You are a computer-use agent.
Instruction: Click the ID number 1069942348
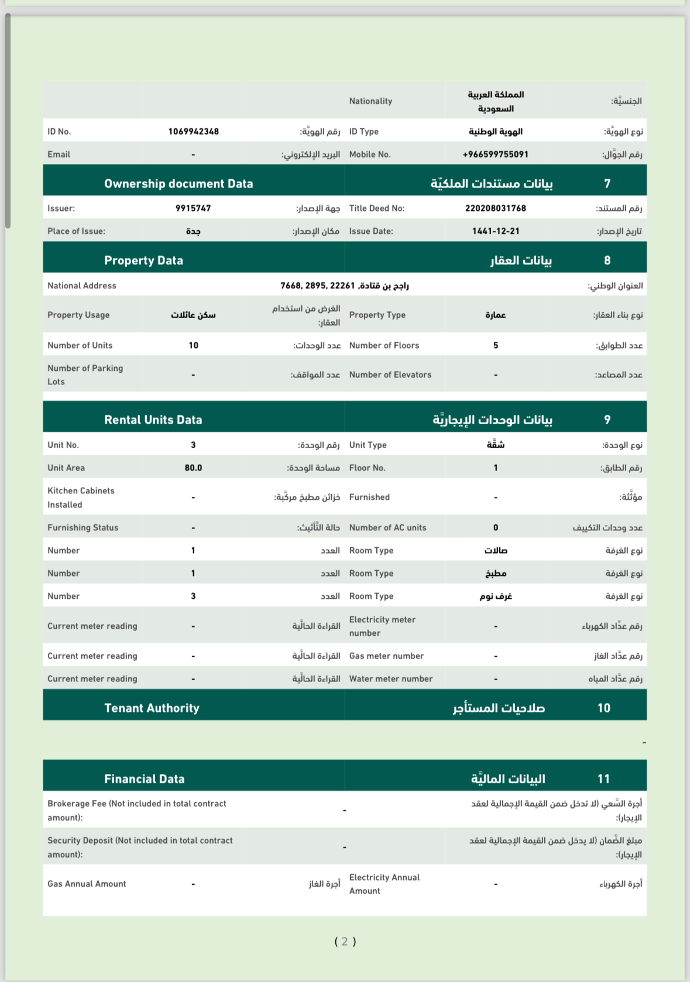coord(193,131)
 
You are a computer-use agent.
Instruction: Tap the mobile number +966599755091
coord(495,154)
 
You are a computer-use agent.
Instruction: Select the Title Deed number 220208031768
coord(495,208)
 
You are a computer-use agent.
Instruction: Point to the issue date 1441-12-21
coord(495,231)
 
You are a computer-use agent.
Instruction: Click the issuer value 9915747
coord(193,208)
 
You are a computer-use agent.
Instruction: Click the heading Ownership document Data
coord(178,183)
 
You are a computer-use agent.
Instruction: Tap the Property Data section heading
coord(143,260)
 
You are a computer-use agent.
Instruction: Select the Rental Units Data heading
coord(153,420)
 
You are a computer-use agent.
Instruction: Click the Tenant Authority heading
coord(152,708)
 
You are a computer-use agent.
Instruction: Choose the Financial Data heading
coord(144,779)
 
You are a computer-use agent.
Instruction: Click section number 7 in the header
coord(607,183)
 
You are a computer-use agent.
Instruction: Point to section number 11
coord(603,779)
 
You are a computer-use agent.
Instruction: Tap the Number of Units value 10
coord(193,345)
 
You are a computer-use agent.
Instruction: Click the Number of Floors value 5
coord(495,345)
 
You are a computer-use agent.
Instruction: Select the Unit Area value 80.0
coord(193,468)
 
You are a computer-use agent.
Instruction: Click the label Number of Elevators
coord(390,374)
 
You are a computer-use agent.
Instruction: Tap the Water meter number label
coord(390,678)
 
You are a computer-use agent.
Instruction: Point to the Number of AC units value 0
coord(495,527)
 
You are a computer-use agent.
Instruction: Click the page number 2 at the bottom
coord(345,941)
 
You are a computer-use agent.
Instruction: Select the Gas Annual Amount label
coord(87,884)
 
